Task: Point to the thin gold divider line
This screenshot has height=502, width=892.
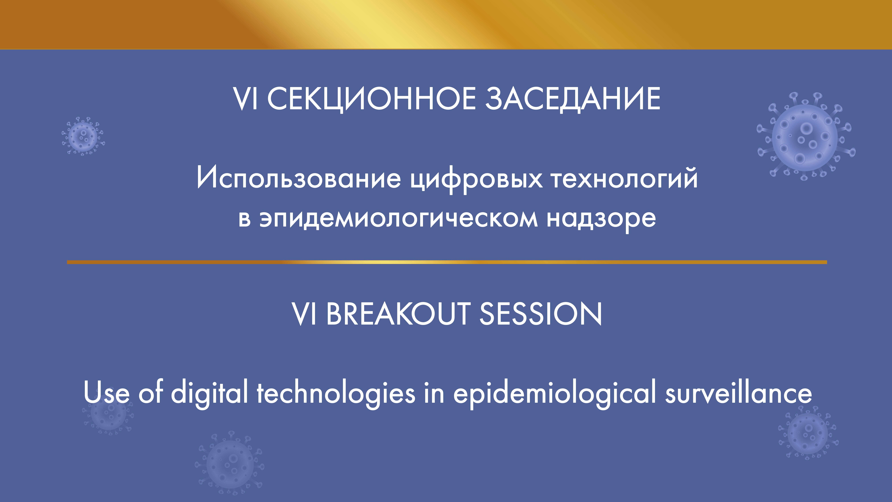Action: click(447, 262)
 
